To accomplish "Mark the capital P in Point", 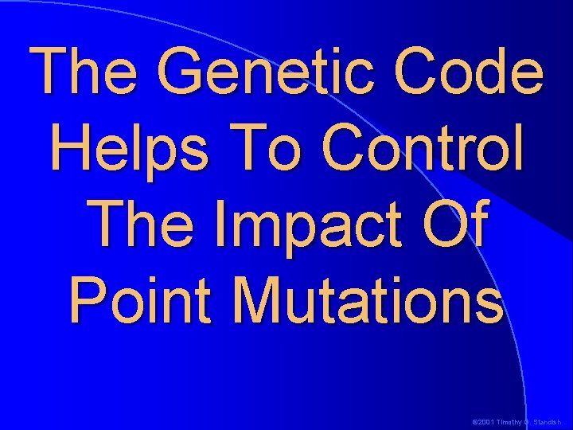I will tap(88, 299).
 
